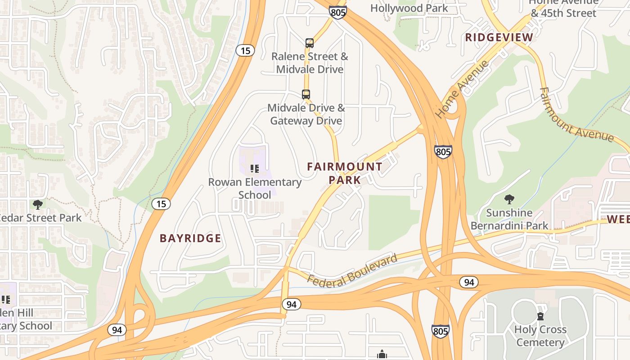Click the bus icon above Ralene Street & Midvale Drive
pyautogui.click(x=310, y=43)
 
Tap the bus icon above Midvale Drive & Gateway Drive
pyautogui.click(x=306, y=94)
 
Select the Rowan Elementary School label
pyautogui.click(x=255, y=189)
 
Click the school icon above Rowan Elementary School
pyautogui.click(x=255, y=169)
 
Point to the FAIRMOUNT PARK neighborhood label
pyautogui.click(x=345, y=173)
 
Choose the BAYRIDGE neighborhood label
pyautogui.click(x=191, y=238)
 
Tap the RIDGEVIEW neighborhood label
pyautogui.click(x=499, y=37)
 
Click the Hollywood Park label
pyautogui.click(x=409, y=8)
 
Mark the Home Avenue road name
pyautogui.click(x=462, y=89)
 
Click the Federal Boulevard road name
pyautogui.click(x=353, y=270)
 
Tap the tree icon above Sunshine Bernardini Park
pyautogui.click(x=509, y=199)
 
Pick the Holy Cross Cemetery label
pyautogui.click(x=540, y=336)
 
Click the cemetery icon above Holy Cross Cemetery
pyautogui.click(x=540, y=316)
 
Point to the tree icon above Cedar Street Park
pyautogui.click(x=38, y=205)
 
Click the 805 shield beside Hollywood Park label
pyautogui.click(x=338, y=12)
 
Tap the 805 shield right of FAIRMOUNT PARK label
pyautogui.click(x=443, y=152)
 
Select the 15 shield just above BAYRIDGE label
pyautogui.click(x=161, y=204)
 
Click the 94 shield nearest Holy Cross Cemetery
pyautogui.click(x=469, y=282)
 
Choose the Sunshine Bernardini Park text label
pyautogui.click(x=509, y=219)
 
